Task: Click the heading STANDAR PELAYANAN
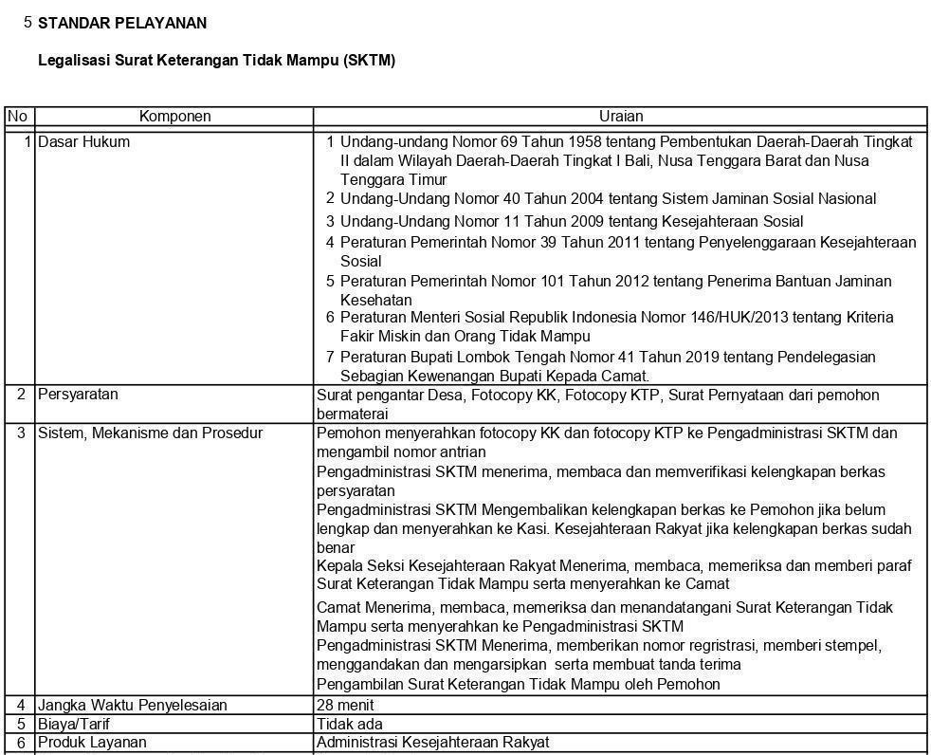click(x=122, y=23)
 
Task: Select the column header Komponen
click(x=174, y=117)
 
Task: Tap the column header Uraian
click(x=621, y=117)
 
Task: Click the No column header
click(x=17, y=117)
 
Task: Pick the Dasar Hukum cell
click(x=83, y=142)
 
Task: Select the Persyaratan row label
click(x=78, y=395)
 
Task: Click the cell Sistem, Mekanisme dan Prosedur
click(x=150, y=433)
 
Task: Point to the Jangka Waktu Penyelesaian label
click(x=132, y=706)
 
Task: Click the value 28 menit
click(x=345, y=706)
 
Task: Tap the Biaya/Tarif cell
click(x=74, y=724)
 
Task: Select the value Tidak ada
click(x=349, y=724)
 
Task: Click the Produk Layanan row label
click(x=92, y=742)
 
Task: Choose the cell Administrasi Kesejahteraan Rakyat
click(x=432, y=742)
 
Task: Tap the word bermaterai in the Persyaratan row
click(x=352, y=414)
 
